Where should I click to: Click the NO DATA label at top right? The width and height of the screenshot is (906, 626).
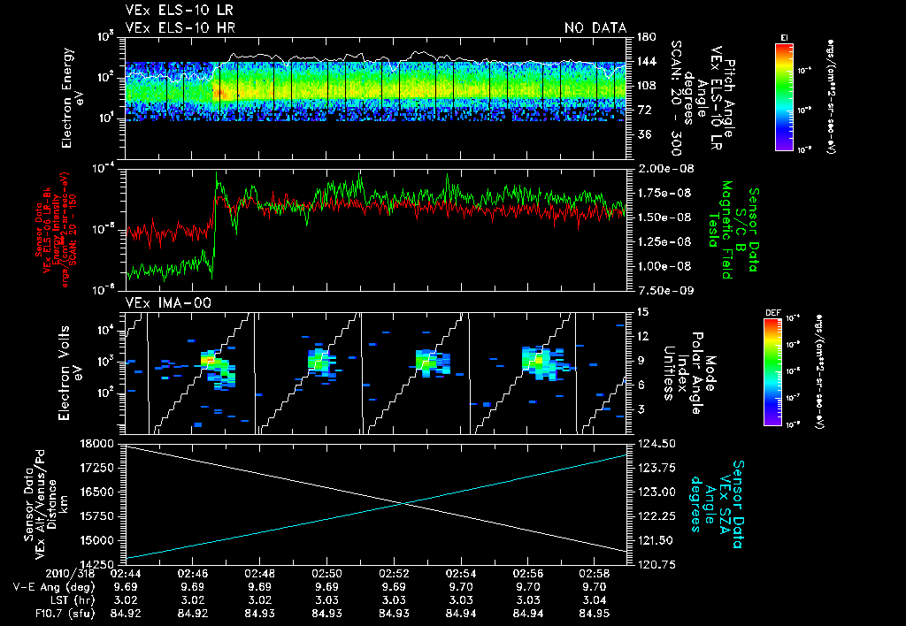click(x=595, y=28)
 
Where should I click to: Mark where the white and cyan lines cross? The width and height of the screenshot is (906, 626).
click(x=404, y=503)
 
